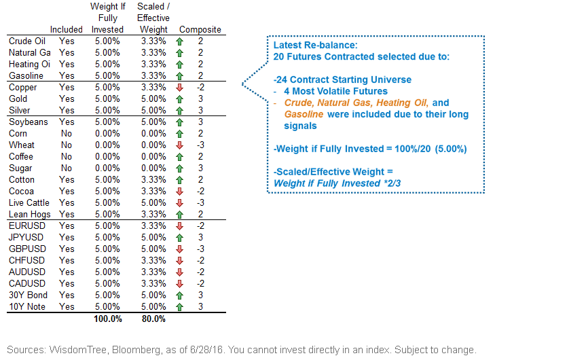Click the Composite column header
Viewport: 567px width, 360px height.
pyautogui.click(x=200, y=30)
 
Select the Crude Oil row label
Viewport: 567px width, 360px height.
pyautogui.click(x=27, y=41)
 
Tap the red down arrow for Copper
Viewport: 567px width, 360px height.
pyautogui.click(x=179, y=88)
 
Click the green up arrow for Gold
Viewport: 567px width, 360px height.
pyautogui.click(x=179, y=99)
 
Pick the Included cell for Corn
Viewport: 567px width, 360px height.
pyautogui.click(x=67, y=134)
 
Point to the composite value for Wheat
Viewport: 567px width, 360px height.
pyautogui.click(x=201, y=145)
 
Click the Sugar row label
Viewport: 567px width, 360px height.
pyautogui.click(x=20, y=168)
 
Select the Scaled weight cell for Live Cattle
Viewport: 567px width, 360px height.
pyautogui.click(x=153, y=203)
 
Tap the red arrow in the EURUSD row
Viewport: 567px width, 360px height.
pyautogui.click(x=179, y=226)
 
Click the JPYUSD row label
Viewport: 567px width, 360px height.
pyautogui.click(x=26, y=237)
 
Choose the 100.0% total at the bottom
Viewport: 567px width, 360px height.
pyautogui.click(x=108, y=319)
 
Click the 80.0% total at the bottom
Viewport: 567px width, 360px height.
pyautogui.click(x=153, y=319)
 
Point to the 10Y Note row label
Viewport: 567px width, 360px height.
pyautogui.click(x=27, y=307)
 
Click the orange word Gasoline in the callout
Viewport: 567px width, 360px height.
pyautogui.click(x=304, y=114)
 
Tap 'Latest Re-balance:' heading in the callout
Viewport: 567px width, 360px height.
pyautogui.click(x=315, y=46)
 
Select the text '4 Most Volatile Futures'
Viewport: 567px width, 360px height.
pyautogui.click(x=335, y=91)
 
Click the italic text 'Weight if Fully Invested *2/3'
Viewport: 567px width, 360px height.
pyautogui.click(x=337, y=183)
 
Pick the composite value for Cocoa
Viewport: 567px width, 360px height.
pyautogui.click(x=201, y=192)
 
